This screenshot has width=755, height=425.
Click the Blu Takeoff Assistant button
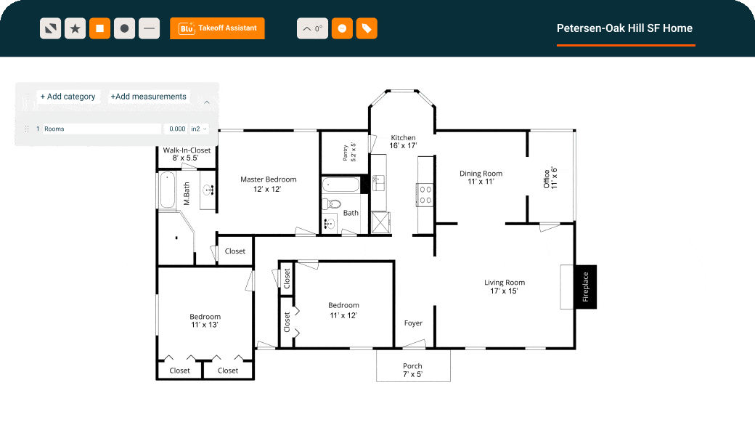tap(217, 28)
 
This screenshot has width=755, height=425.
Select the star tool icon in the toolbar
tap(75, 28)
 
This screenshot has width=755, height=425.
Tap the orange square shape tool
tap(99, 28)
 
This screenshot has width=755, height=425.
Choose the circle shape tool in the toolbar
tap(124, 28)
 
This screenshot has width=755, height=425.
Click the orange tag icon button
tap(367, 28)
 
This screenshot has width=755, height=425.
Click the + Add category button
tap(68, 97)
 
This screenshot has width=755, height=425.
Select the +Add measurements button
tap(149, 97)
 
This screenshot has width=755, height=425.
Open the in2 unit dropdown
tap(198, 129)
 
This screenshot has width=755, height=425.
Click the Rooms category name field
tap(101, 129)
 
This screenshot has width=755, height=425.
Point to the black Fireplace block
tap(585, 286)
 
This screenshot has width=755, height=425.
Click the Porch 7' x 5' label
tap(412, 370)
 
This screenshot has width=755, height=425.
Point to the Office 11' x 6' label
tap(550, 179)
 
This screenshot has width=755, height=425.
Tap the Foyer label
tap(413, 323)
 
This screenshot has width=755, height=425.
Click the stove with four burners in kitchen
tap(425, 194)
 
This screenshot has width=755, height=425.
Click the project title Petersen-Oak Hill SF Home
tap(624, 28)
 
